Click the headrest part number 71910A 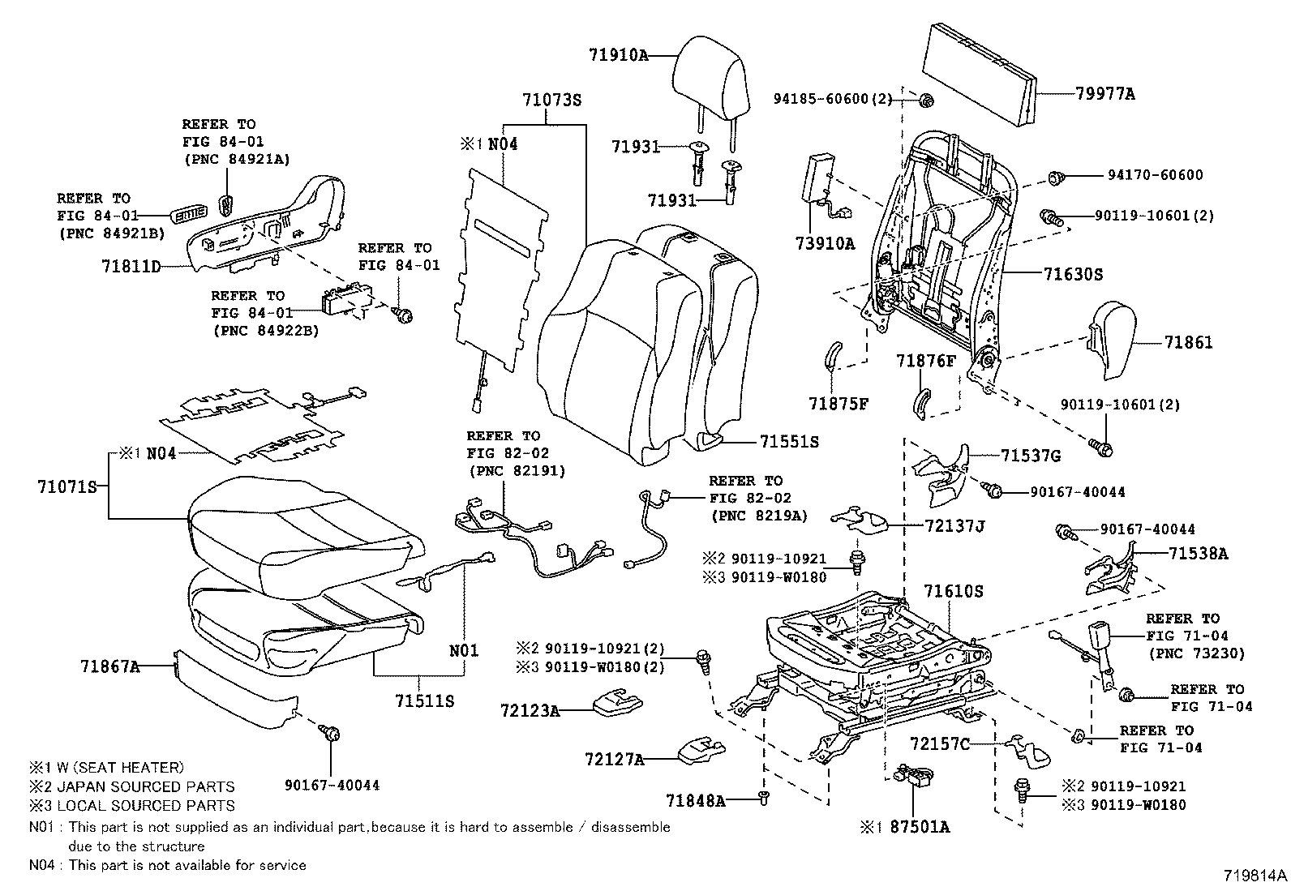619,55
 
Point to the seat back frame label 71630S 1073,274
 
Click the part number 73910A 826,243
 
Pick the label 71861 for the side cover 1189,343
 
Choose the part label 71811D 131,266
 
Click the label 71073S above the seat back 552,101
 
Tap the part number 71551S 789,442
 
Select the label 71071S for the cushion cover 67,486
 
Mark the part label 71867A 109,667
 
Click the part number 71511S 425,700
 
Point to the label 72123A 530,711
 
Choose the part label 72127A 615,760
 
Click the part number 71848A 695,801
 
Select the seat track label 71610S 954,592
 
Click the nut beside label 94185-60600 928,101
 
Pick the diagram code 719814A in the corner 1255,876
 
